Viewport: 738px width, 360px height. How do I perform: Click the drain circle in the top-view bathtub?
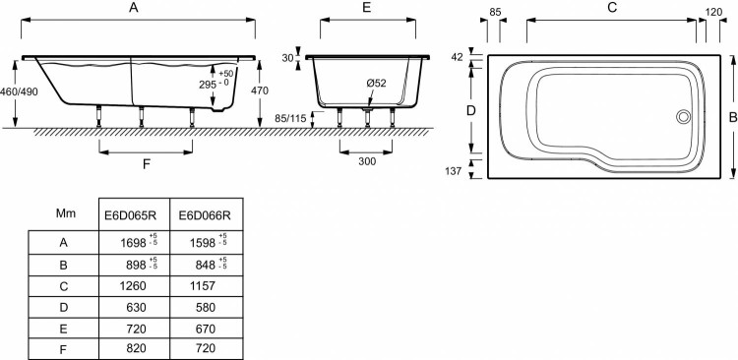tap(684, 116)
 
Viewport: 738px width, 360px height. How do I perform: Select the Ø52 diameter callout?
tap(377, 83)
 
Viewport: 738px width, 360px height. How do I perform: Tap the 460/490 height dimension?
tap(19, 91)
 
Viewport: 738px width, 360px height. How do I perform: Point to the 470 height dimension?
tap(260, 90)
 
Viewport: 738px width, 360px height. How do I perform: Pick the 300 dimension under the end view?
tap(367, 161)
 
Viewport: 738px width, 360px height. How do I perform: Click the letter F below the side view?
tap(147, 164)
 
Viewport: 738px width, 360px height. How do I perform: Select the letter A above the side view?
tap(134, 8)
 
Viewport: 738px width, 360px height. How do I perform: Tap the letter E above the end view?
tap(367, 8)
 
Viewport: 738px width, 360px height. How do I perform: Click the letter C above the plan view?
tap(612, 8)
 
